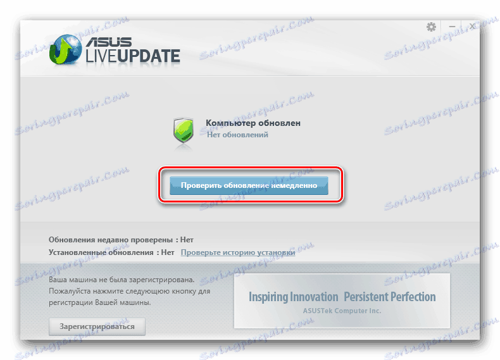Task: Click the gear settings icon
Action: [432, 27]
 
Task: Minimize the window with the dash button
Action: [452, 27]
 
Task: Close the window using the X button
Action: [472, 27]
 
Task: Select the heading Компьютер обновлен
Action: [253, 123]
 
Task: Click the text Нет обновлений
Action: [237, 135]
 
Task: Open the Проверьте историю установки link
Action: [238, 252]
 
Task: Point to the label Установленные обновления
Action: [101, 252]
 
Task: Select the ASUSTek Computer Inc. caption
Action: [342, 311]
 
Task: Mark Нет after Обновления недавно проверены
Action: [186, 240]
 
